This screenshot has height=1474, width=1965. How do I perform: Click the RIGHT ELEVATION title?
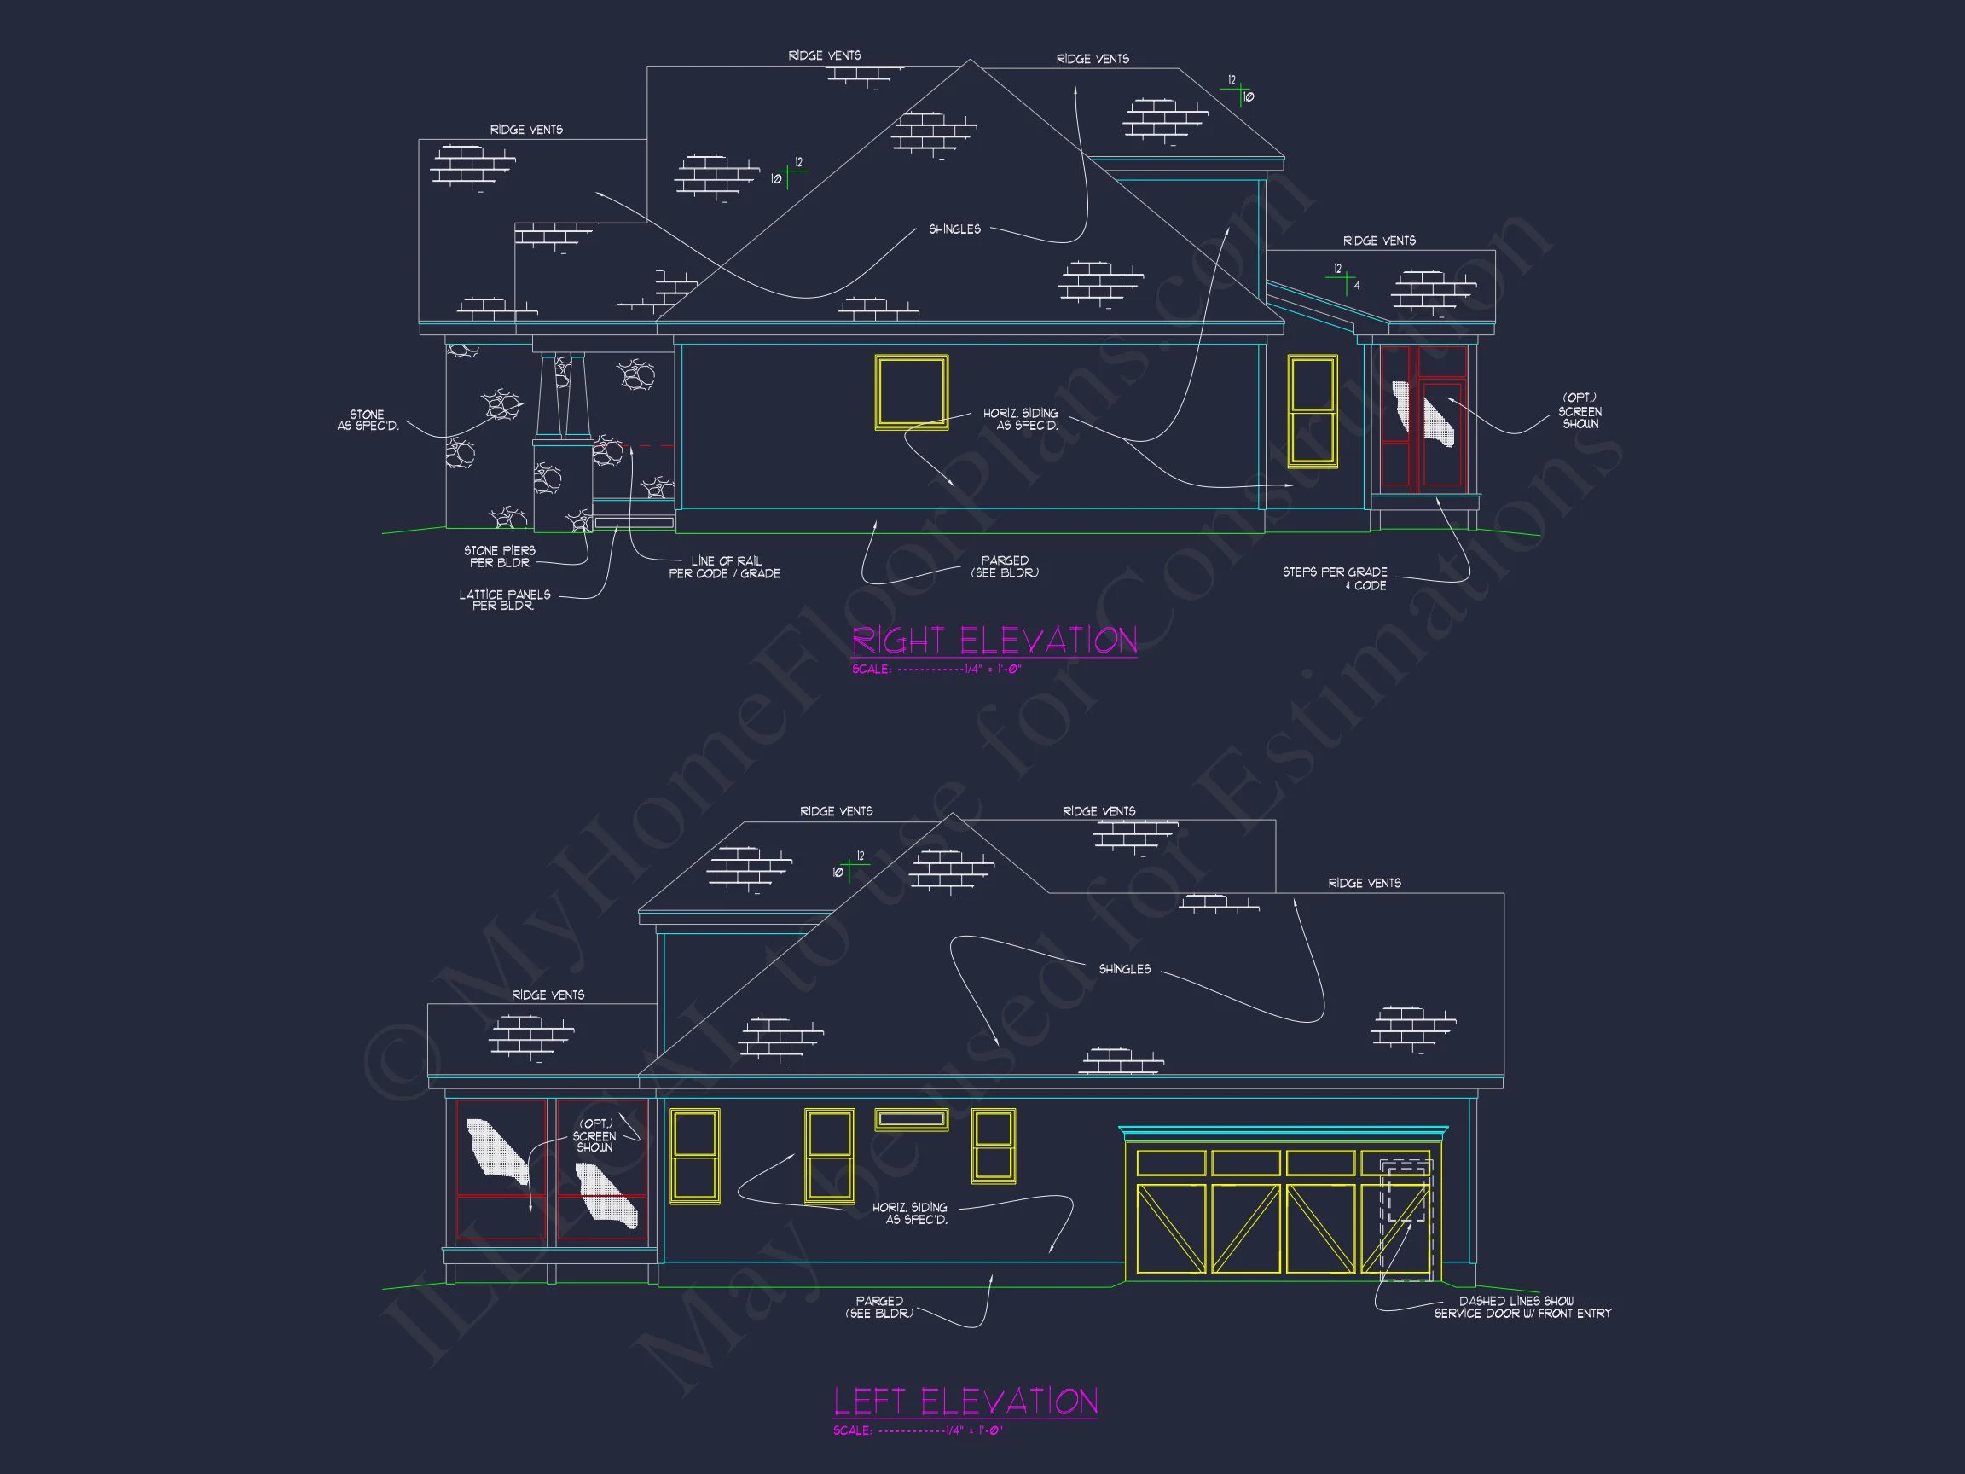[x=994, y=641]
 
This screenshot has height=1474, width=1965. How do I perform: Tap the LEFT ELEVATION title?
[x=965, y=1401]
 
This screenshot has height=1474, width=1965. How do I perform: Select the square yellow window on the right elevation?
[x=912, y=392]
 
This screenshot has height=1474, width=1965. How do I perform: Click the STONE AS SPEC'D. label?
[x=368, y=421]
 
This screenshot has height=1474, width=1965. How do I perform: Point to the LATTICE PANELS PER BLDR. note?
[x=504, y=600]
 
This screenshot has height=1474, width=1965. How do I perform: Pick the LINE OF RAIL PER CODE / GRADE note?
[x=725, y=567]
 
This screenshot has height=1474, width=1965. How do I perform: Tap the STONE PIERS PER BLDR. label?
[x=499, y=556]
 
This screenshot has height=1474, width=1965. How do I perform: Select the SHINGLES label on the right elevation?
[x=955, y=229]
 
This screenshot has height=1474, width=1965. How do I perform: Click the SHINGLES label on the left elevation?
[x=1125, y=968]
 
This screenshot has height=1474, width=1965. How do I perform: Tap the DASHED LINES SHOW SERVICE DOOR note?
[x=1522, y=1307]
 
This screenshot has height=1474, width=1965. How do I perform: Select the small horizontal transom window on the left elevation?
[x=911, y=1119]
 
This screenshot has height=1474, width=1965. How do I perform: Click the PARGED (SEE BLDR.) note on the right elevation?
[x=1005, y=567]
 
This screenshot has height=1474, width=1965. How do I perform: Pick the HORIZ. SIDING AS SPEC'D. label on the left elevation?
[x=911, y=1213]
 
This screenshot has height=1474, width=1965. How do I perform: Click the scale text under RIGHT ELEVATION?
[x=936, y=669]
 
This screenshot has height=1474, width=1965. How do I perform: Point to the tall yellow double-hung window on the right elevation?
[x=1312, y=411]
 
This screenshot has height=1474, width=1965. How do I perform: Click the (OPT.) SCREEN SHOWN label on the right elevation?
[x=1580, y=411]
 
